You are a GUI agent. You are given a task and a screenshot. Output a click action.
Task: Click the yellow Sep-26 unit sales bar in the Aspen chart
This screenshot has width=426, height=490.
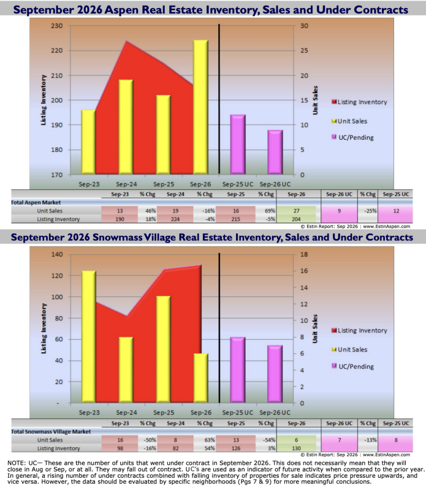point(200,107)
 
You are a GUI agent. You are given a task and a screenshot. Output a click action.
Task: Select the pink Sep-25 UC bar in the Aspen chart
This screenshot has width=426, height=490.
point(238,145)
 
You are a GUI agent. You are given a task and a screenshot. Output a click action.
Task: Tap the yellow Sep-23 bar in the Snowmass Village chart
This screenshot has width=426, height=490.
point(88,336)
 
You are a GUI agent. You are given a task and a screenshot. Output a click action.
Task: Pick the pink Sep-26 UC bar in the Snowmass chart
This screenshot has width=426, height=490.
point(275,374)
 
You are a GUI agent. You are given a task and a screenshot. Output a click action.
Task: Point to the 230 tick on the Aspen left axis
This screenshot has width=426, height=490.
point(56,26)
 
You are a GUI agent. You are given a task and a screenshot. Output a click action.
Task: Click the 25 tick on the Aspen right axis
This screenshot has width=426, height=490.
point(305,51)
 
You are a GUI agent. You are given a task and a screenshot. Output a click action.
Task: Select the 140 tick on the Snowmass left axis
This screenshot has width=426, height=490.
point(57,254)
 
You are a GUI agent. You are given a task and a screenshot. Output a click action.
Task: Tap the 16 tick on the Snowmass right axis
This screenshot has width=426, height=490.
point(304,271)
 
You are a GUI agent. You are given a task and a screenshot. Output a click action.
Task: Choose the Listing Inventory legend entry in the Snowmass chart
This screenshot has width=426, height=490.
point(359,330)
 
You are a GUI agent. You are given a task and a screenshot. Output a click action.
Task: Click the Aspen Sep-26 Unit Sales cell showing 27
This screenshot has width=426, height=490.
point(297,211)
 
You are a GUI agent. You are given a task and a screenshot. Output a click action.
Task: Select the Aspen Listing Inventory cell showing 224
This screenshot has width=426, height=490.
point(175,219)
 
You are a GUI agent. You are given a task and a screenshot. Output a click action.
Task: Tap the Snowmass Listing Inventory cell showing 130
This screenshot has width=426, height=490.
point(297,448)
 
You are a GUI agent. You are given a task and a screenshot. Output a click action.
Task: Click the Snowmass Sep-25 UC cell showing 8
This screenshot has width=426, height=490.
point(396,440)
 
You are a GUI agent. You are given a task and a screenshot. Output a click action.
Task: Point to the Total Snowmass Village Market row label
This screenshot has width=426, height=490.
point(51,432)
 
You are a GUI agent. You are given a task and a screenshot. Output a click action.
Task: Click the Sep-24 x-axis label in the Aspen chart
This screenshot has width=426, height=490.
point(126,184)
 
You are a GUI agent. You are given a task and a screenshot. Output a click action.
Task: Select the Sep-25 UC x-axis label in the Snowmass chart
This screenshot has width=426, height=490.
point(238,413)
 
